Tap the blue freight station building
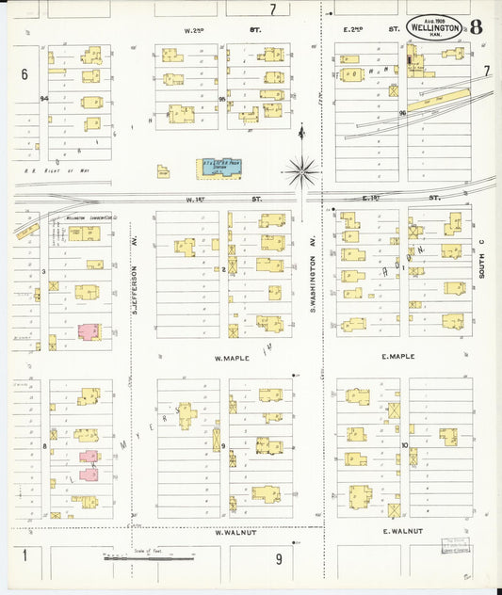[x=218, y=166]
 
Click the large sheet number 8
[x=477, y=26]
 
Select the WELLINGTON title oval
[x=435, y=27]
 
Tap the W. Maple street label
[x=230, y=358]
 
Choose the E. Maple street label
[x=398, y=357]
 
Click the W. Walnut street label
[x=231, y=532]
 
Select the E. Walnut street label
[x=400, y=532]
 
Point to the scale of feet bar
[x=149, y=559]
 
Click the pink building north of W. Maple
[x=89, y=332]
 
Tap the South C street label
[x=480, y=259]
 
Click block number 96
[x=402, y=113]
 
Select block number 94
[x=43, y=98]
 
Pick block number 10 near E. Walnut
[x=404, y=445]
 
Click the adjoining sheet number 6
[x=24, y=72]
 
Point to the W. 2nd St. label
[x=222, y=30]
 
